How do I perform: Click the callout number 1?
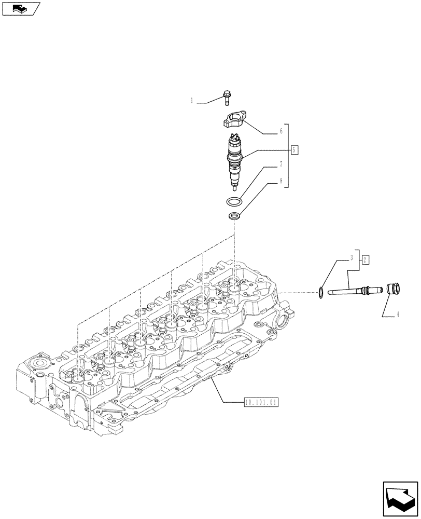tap(191, 101)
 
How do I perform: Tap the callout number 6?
tap(280, 131)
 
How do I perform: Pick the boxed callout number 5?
tap(295, 150)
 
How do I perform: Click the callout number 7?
tap(280, 165)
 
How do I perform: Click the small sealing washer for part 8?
tap(234, 216)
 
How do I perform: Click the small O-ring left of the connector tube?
tap(321, 293)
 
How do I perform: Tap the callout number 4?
tap(398, 314)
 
